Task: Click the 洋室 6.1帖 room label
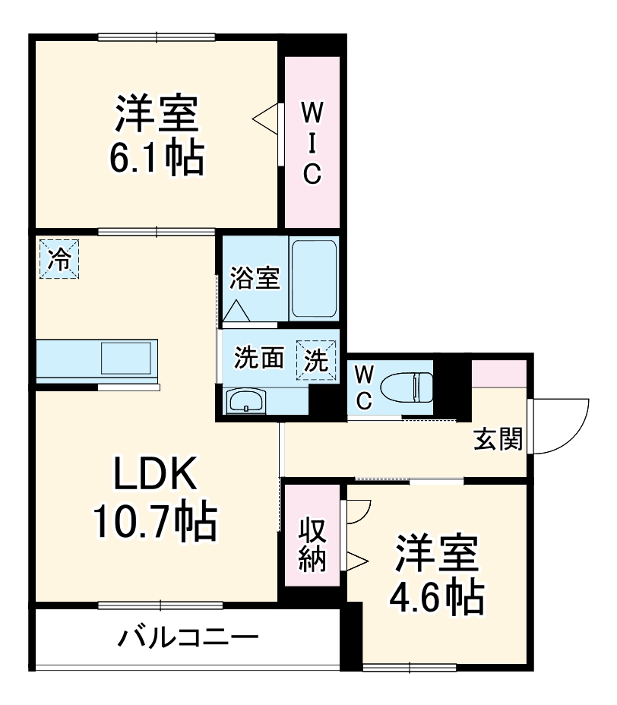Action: pyautogui.click(x=158, y=135)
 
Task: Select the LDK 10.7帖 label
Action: pyautogui.click(x=155, y=497)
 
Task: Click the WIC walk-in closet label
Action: pyautogui.click(x=312, y=142)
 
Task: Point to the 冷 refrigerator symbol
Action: pyautogui.click(x=59, y=258)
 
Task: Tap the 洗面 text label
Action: pyautogui.click(x=258, y=359)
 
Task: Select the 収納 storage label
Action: pyautogui.click(x=312, y=544)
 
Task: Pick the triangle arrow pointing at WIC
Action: pyautogui.click(x=265, y=119)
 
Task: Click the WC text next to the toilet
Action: pyautogui.click(x=364, y=387)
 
